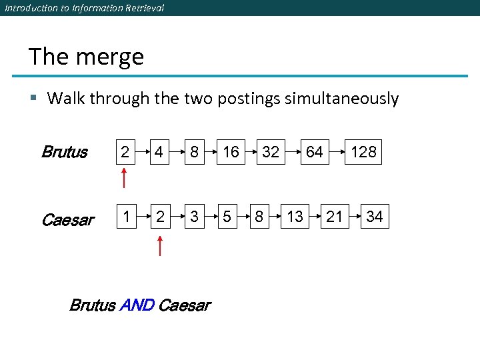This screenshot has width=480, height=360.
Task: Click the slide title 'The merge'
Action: coord(86,57)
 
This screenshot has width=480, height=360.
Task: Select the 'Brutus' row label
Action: coord(64,152)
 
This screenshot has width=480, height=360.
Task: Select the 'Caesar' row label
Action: coord(67,219)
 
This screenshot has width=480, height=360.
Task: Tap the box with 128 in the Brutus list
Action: coord(363,152)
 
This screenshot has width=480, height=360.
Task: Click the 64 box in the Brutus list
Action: coord(314,152)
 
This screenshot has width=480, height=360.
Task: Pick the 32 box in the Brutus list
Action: coord(271,152)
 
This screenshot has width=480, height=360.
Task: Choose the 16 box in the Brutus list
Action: coord(231,152)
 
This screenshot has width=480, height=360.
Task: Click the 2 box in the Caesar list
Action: coord(159,216)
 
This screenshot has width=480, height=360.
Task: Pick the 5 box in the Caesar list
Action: coord(227,216)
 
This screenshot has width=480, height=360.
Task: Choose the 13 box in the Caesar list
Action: coord(295,216)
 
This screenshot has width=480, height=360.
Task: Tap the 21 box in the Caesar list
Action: coord(335,216)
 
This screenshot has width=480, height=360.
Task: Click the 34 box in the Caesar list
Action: coord(375,216)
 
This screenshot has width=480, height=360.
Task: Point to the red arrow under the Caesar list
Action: coord(159,244)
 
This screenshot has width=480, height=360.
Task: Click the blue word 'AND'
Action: coord(137,305)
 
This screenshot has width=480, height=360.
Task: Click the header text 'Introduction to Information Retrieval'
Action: coord(84,8)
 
